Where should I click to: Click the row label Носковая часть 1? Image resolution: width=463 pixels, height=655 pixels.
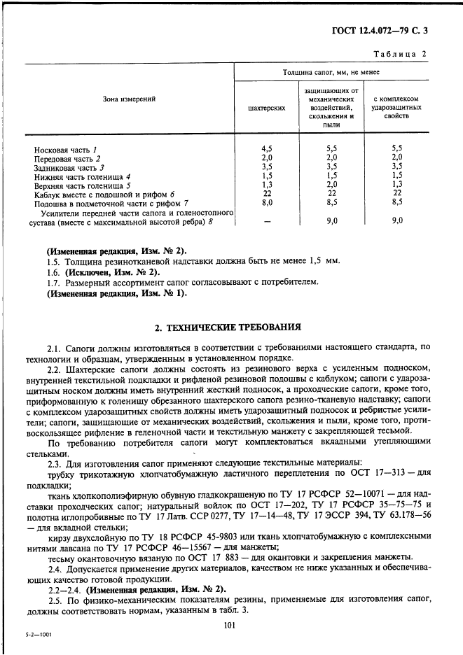pos(65,150)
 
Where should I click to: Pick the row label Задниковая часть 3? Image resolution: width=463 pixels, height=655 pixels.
pos(69,168)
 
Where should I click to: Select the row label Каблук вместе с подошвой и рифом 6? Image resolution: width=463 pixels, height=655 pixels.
pos(103,194)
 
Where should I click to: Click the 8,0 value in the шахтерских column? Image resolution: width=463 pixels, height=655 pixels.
pos(267,202)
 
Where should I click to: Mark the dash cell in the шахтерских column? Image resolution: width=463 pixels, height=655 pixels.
pos(267,220)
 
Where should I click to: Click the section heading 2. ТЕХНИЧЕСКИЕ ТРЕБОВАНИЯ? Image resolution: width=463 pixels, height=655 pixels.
pos(228,327)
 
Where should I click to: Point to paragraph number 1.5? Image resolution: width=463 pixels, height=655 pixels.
pos(53,261)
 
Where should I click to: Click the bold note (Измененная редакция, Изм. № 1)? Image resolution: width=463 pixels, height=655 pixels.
pos(116,293)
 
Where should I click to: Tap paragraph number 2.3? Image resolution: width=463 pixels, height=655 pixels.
pos(54,463)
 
